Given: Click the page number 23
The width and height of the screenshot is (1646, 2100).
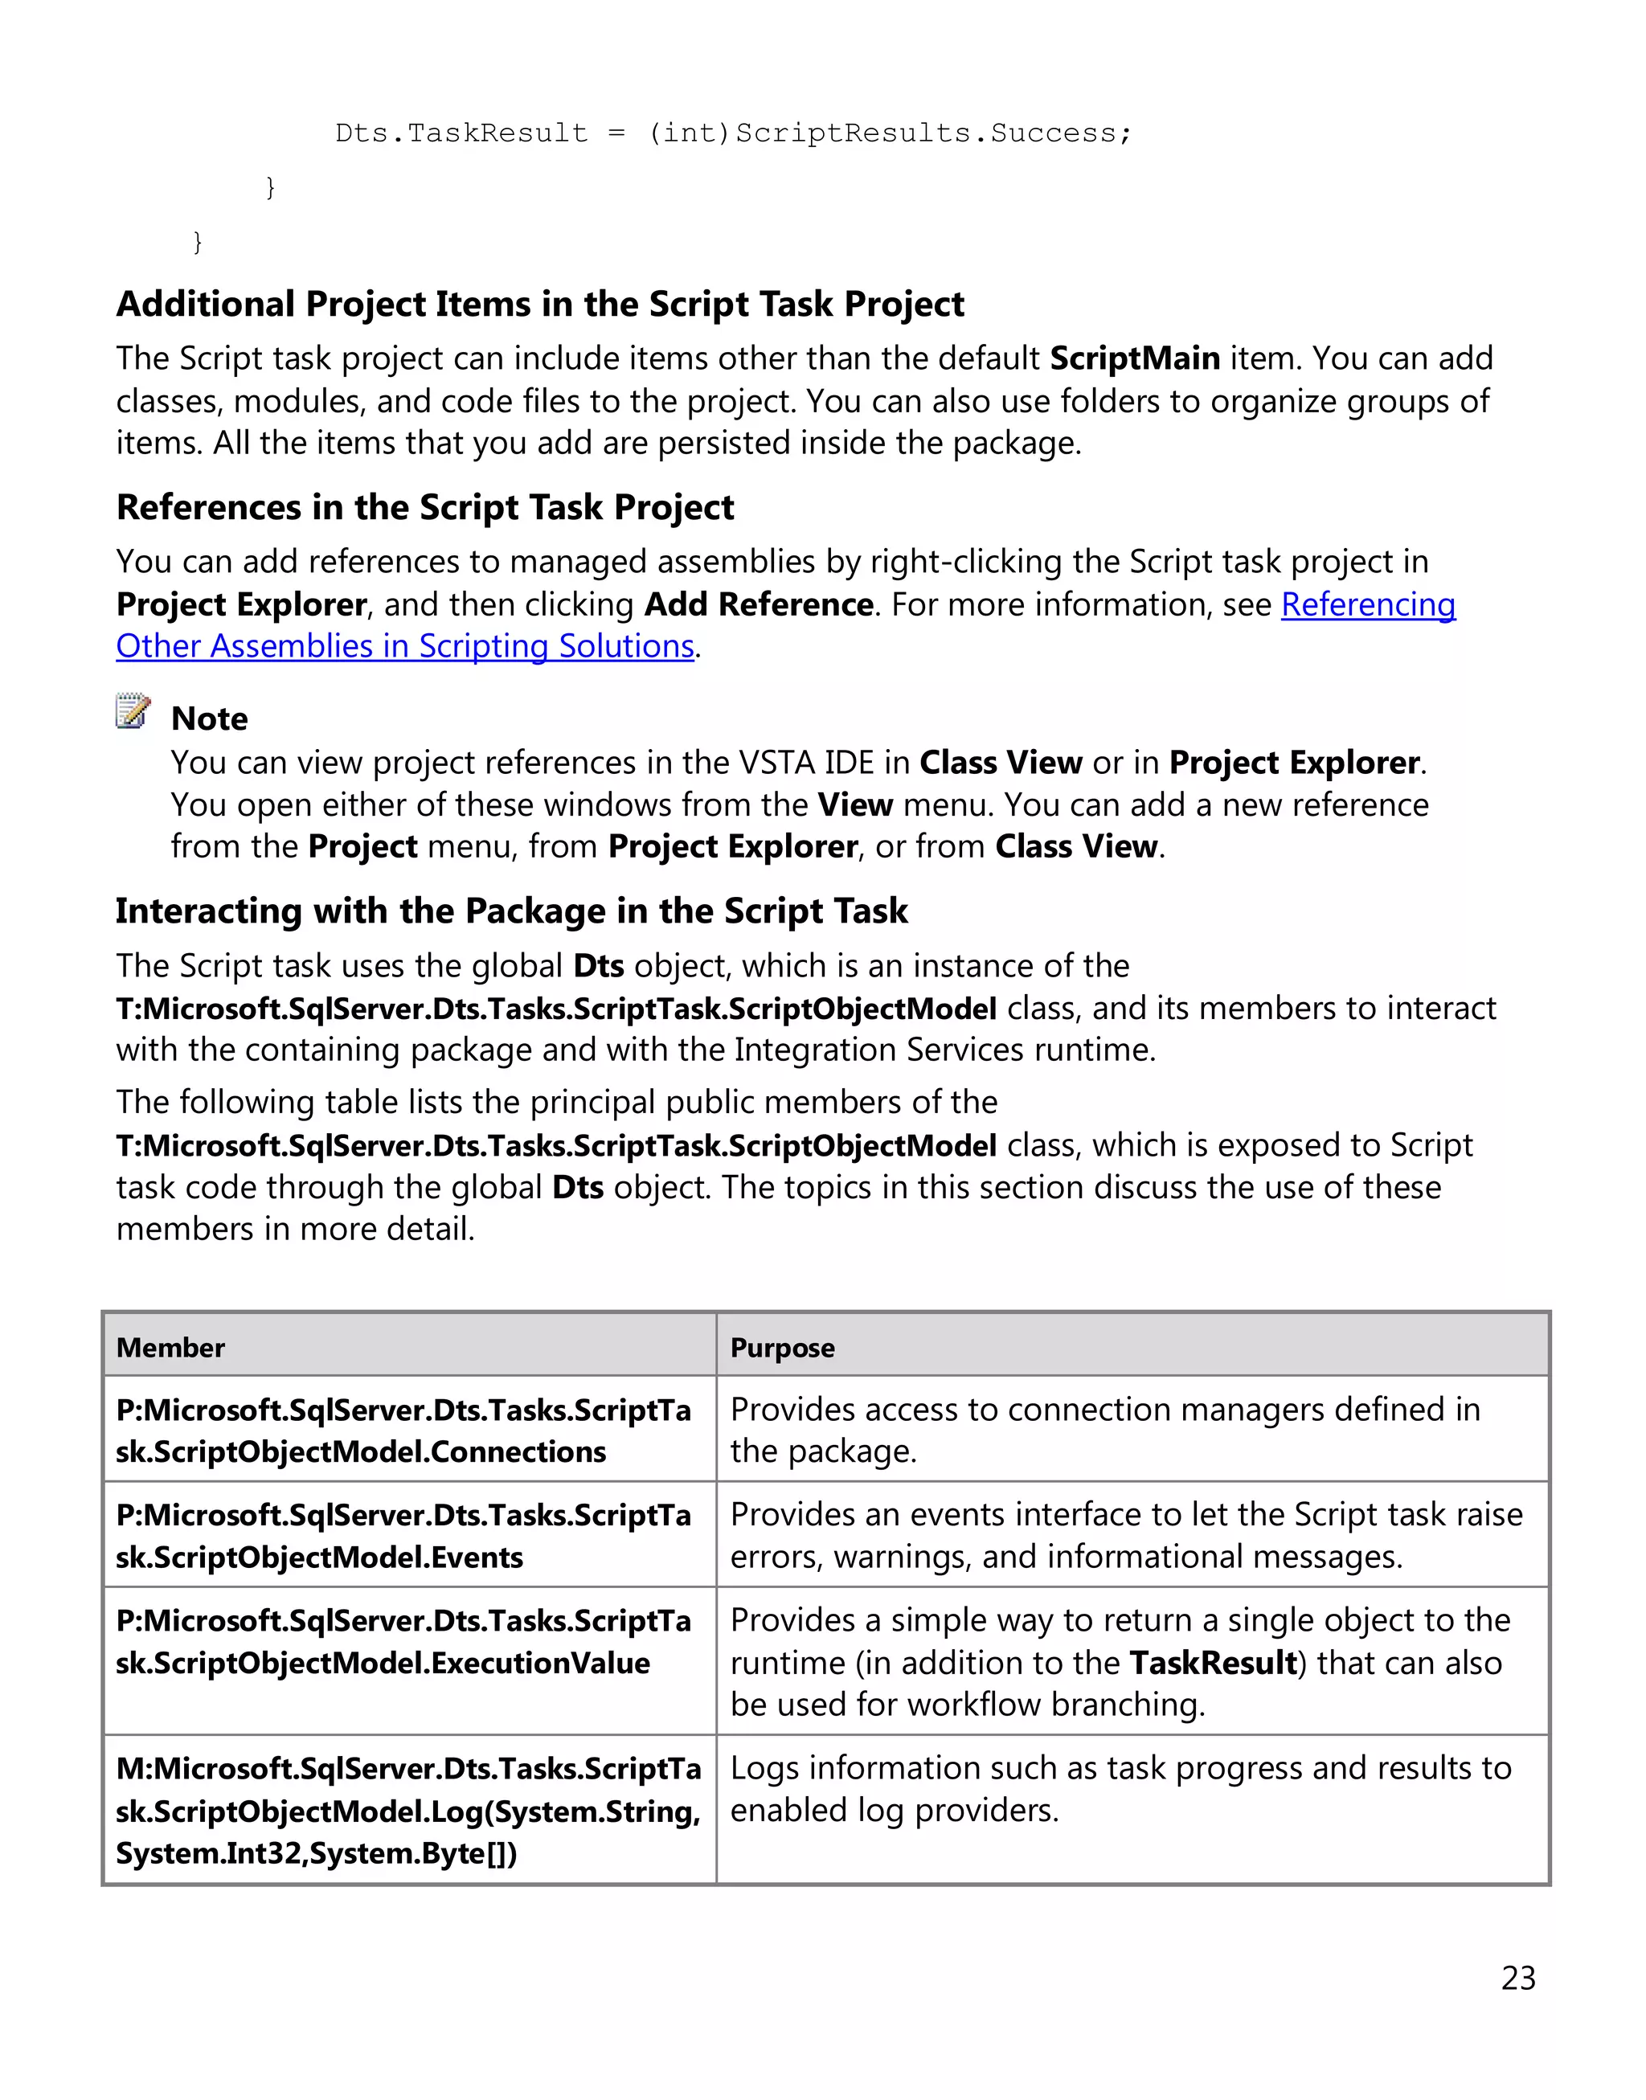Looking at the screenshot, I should pos(1518,1978).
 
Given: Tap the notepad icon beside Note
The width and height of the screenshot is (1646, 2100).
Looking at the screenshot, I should pos(133,710).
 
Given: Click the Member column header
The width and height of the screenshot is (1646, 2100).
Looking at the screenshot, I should pos(170,1347).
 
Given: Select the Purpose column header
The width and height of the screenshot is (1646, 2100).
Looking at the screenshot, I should pos(781,1347).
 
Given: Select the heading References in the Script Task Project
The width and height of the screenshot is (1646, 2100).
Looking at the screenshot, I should pos(425,507).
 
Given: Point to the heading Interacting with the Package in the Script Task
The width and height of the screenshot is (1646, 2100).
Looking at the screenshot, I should pos(512,911).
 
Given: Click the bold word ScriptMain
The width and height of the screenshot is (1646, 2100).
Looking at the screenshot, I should pos(1134,358).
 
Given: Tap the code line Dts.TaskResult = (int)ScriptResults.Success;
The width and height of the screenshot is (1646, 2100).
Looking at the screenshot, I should pos(732,133).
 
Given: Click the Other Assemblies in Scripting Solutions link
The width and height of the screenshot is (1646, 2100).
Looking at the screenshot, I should pos(405,645).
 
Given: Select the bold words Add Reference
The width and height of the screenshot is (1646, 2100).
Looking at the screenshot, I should pos(759,604).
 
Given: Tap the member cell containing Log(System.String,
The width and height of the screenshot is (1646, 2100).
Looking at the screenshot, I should pos(407,1811).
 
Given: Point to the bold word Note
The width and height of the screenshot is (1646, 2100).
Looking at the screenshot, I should pos(209,719).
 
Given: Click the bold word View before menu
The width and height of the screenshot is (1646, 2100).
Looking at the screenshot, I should pos(855,804).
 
